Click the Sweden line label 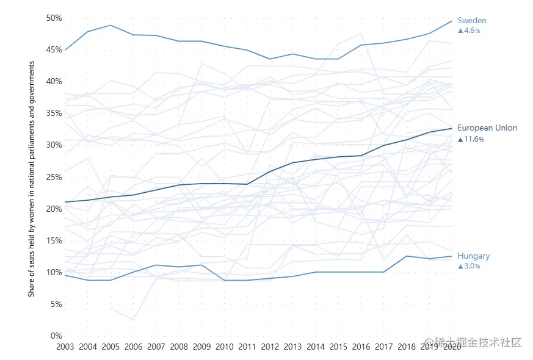[x=471, y=21]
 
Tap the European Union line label [x=487, y=128]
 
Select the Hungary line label [x=473, y=256]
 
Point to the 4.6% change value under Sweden [x=470, y=31]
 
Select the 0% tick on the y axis [x=56, y=336]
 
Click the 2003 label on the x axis [x=65, y=347]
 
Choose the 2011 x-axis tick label [x=247, y=347]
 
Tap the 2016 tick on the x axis [x=361, y=347]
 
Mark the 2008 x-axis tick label [x=179, y=347]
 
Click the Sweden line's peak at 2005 [x=111, y=25]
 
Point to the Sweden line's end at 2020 [x=452, y=21]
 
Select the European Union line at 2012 [x=270, y=171]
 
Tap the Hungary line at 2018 [x=407, y=256]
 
